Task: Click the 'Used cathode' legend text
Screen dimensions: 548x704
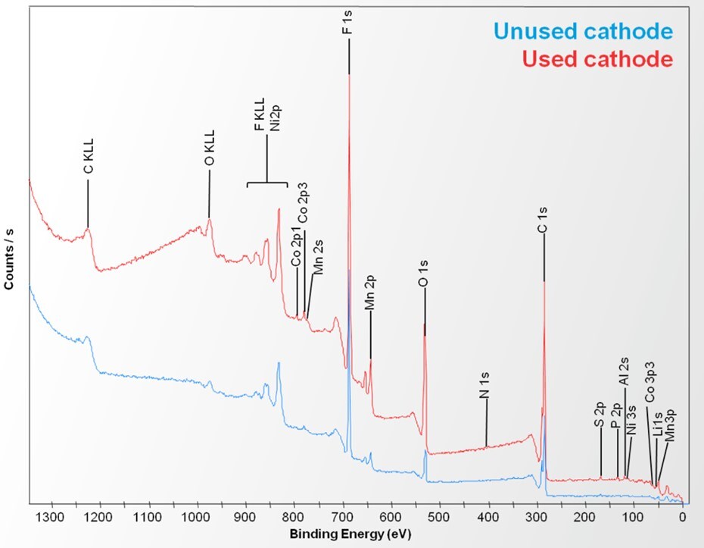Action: [x=597, y=58]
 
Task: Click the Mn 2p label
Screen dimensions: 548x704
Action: [x=370, y=294]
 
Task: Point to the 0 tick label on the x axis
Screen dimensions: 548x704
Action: [x=683, y=518]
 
